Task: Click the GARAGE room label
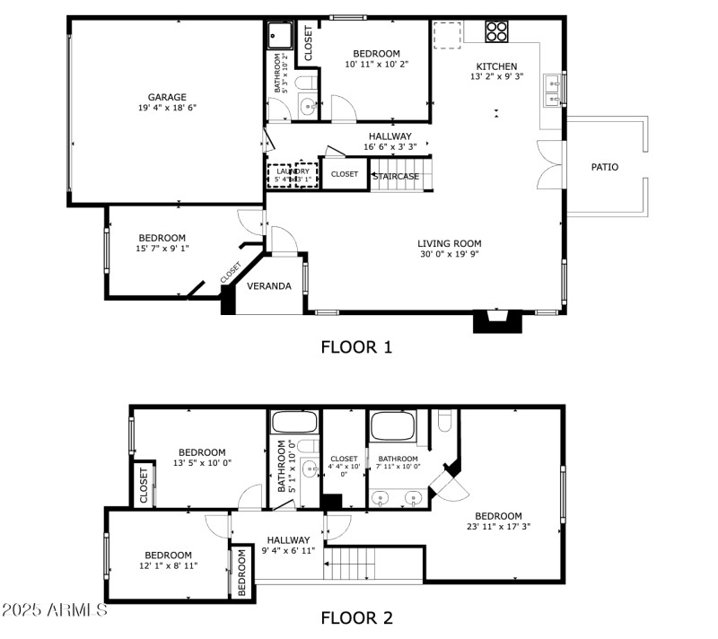pos(167,97)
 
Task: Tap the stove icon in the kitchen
pos(497,31)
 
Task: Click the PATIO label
pos(604,167)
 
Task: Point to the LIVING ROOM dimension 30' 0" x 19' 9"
pos(449,255)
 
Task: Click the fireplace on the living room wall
pos(497,321)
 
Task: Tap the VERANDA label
pos(269,286)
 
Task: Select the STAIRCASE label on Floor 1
pos(396,176)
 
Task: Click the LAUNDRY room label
pos(293,171)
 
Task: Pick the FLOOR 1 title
pos(356,346)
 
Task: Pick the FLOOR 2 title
pos(356,617)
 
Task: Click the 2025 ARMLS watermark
pos(54,610)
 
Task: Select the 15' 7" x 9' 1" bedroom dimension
pos(162,249)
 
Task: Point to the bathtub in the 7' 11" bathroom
pos(392,425)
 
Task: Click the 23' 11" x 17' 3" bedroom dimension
pos(498,528)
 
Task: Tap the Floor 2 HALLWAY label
pos(288,540)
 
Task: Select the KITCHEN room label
pos(496,66)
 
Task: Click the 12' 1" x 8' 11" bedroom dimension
pos(168,566)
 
